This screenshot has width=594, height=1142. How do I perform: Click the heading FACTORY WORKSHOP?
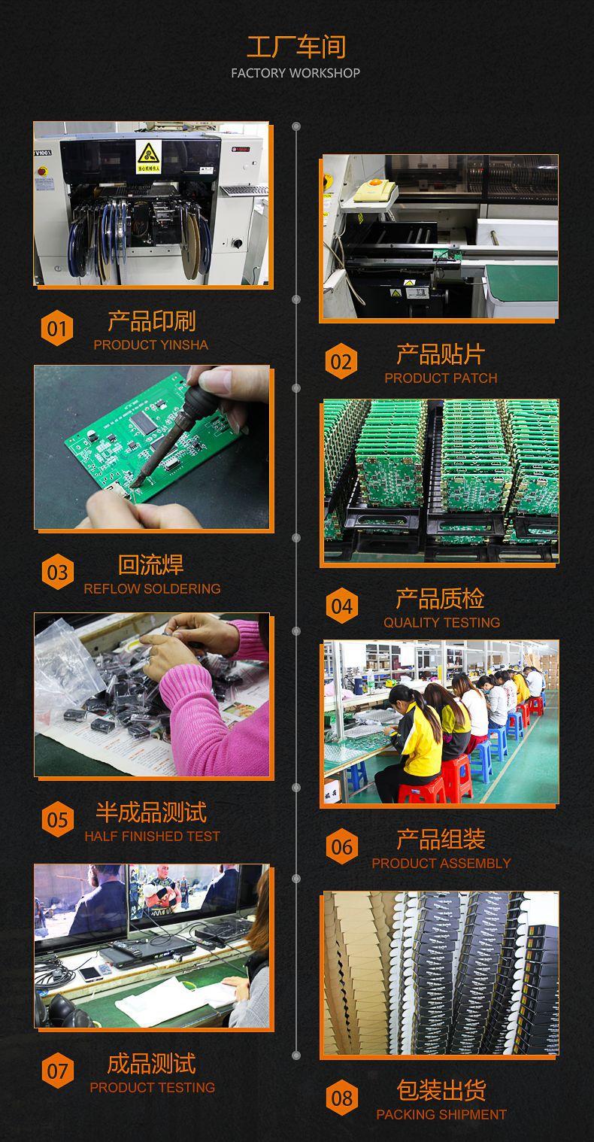click(x=295, y=73)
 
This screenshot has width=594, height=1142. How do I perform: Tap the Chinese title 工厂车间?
click(x=295, y=47)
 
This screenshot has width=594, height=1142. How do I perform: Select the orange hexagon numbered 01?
click(x=57, y=329)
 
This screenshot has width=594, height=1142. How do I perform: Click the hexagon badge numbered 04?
click(x=341, y=606)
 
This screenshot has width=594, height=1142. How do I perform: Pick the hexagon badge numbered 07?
click(x=57, y=1071)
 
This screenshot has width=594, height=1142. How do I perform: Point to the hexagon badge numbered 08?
click(x=341, y=1098)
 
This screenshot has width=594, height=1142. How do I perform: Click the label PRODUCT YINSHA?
click(x=150, y=345)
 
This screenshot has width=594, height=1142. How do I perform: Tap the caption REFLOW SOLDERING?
click(x=152, y=588)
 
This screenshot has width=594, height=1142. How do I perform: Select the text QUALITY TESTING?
click(x=441, y=622)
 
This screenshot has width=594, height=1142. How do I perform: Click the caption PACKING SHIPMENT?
click(x=441, y=1114)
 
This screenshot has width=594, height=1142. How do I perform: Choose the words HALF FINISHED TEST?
click(x=152, y=836)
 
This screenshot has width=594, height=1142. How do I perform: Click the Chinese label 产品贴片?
click(x=441, y=354)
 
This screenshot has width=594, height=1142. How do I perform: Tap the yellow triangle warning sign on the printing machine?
click(x=147, y=154)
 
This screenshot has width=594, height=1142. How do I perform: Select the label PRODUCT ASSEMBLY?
click(x=441, y=863)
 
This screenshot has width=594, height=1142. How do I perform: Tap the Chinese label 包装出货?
click(x=441, y=1089)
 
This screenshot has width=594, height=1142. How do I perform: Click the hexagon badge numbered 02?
click(x=341, y=362)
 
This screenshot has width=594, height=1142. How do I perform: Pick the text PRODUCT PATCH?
click(x=441, y=378)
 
